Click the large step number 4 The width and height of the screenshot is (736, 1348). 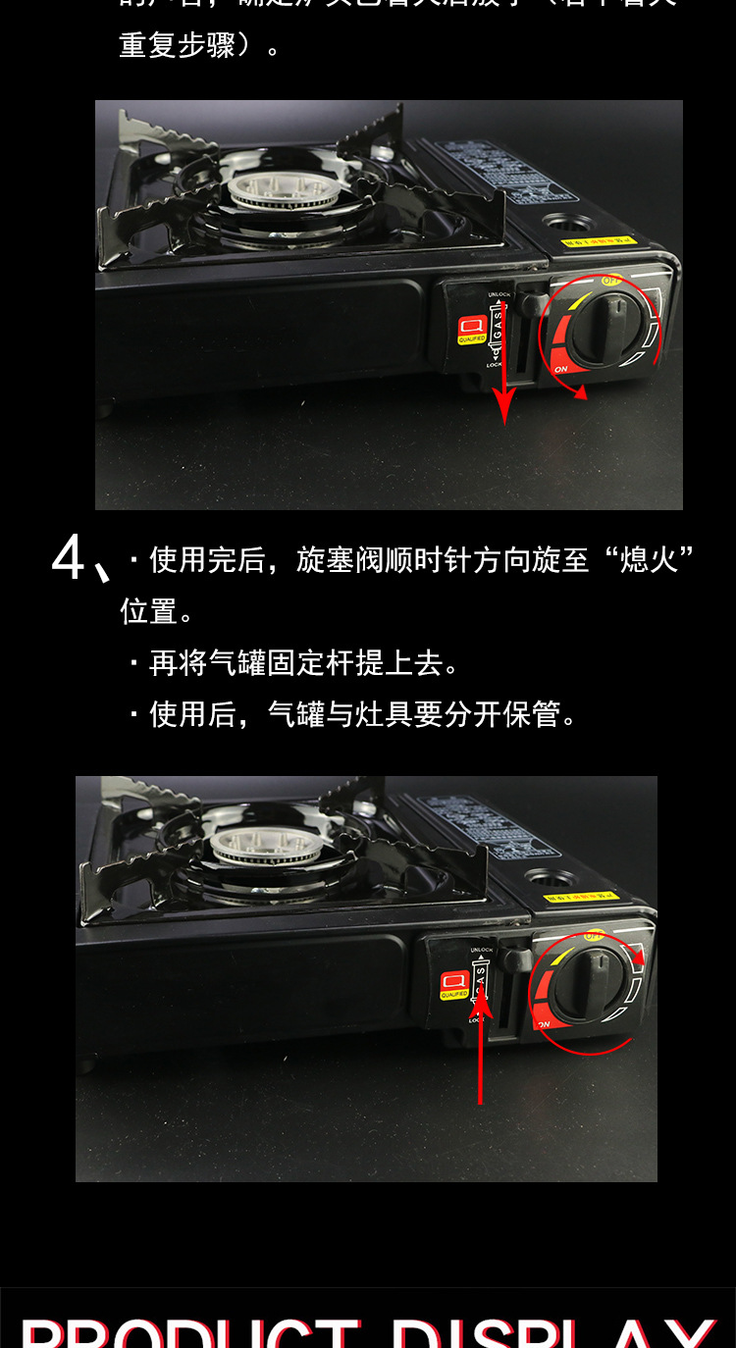coord(69,560)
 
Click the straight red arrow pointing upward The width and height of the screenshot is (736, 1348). coord(480,1045)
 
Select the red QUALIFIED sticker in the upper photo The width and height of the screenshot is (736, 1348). coord(472,330)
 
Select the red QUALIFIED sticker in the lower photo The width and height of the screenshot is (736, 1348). coord(453,984)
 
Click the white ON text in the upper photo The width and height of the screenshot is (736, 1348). coord(560,369)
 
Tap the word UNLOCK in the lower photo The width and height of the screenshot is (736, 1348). coord(482,950)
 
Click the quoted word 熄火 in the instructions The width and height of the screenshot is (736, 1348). coord(649,560)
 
